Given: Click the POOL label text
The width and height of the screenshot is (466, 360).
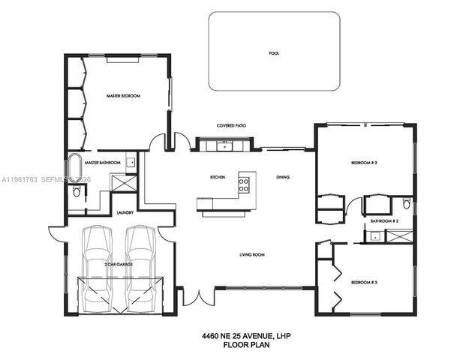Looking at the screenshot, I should pyautogui.click(x=272, y=53).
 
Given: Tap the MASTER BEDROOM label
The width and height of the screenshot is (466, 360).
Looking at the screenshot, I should pyautogui.click(x=123, y=96).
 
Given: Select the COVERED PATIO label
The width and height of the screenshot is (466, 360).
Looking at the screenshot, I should pyautogui.click(x=231, y=126).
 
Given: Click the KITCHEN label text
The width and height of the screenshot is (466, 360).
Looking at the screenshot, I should pyautogui.click(x=218, y=177).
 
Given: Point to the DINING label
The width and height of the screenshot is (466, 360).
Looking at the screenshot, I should pyautogui.click(x=283, y=177).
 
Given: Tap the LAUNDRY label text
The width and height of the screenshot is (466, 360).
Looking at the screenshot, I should pyautogui.click(x=125, y=212).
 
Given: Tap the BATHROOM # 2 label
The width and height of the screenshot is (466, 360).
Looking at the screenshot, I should pyautogui.click(x=384, y=222).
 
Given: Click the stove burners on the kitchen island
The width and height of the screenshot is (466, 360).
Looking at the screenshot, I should pyautogui.click(x=244, y=184).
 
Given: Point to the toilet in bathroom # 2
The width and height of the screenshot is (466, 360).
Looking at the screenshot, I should pyautogui.click(x=406, y=204).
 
